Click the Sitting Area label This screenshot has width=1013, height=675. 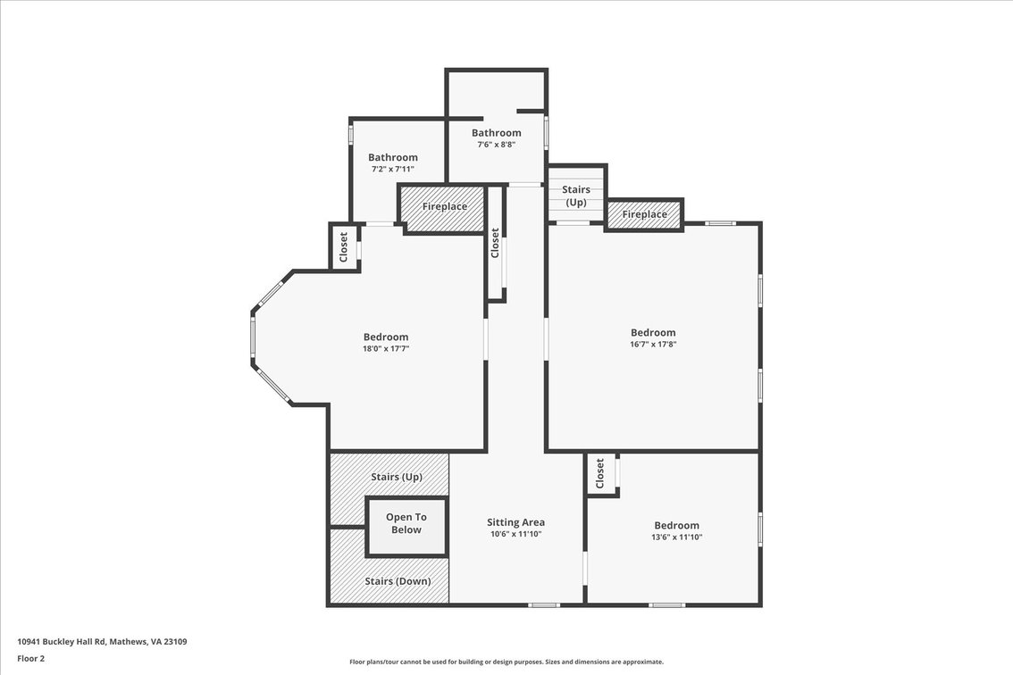[515, 522]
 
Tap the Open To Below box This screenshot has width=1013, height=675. [406, 527]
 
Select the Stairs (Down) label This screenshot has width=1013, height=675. [398, 581]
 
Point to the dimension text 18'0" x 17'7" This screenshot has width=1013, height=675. [386, 349]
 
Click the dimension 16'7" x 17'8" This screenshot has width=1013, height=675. [653, 345]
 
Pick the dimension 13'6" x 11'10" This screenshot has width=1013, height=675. [676, 537]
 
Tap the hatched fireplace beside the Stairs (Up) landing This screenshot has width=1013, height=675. [644, 214]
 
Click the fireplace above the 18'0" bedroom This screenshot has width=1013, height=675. [444, 208]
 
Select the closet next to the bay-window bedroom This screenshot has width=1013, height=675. [344, 246]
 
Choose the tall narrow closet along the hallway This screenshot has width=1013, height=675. [496, 243]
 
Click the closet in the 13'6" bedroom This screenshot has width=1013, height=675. [601, 474]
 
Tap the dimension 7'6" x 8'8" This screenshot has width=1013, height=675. [496, 145]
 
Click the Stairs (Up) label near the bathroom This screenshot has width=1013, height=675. [575, 196]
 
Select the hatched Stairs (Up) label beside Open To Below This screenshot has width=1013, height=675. [397, 477]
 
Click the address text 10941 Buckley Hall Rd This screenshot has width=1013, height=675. [61, 642]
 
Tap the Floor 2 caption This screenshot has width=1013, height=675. [31, 659]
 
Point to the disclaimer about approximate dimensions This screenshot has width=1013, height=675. [506, 662]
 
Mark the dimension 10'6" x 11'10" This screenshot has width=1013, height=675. [515, 534]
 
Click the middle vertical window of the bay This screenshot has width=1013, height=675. [254, 341]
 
